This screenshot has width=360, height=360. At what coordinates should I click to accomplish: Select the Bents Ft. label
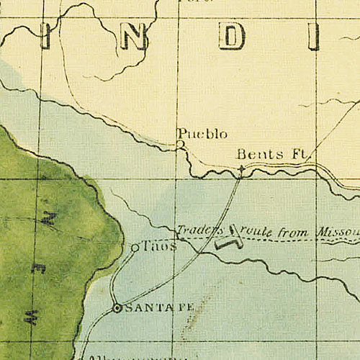(x=272, y=155)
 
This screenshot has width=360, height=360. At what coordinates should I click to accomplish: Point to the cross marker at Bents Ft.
(x=240, y=169)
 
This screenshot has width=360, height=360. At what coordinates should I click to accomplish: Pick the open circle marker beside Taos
(x=135, y=248)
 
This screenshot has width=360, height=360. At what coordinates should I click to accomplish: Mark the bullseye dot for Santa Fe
(x=117, y=308)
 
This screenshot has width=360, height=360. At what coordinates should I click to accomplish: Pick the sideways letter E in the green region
(x=39, y=267)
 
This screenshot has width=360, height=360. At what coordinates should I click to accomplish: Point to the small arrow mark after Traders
(x=233, y=230)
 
